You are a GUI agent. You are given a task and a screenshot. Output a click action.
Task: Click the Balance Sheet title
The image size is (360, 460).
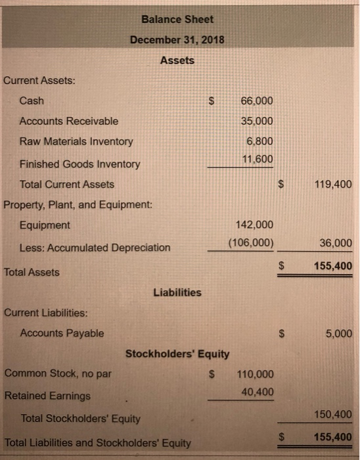click(177, 19)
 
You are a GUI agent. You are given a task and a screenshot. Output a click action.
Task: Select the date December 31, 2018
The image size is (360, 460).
click(177, 39)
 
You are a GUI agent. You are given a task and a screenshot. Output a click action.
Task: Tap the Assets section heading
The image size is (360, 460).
click(177, 60)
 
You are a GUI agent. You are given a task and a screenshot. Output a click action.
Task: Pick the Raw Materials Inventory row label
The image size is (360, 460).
click(76, 141)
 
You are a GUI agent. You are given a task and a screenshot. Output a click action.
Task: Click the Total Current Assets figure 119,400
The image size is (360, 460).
click(333, 184)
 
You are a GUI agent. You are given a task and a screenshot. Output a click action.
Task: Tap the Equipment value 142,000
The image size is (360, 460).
click(254, 224)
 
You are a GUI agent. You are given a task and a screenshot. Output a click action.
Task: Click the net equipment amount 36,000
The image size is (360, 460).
click(336, 242)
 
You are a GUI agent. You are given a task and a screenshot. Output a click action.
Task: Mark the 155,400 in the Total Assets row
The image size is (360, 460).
click(333, 265)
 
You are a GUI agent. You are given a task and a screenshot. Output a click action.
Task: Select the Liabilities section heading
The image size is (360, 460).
click(177, 292)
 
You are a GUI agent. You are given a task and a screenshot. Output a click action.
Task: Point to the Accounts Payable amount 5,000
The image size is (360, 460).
click(338, 333)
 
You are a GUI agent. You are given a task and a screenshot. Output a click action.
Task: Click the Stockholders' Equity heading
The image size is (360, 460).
click(177, 354)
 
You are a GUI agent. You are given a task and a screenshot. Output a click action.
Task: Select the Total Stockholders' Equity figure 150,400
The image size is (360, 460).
click(333, 414)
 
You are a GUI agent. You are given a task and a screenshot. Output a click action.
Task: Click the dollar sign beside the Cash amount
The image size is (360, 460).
click(212, 101)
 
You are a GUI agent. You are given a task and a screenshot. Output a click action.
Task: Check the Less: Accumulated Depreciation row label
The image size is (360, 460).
click(95, 248)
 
